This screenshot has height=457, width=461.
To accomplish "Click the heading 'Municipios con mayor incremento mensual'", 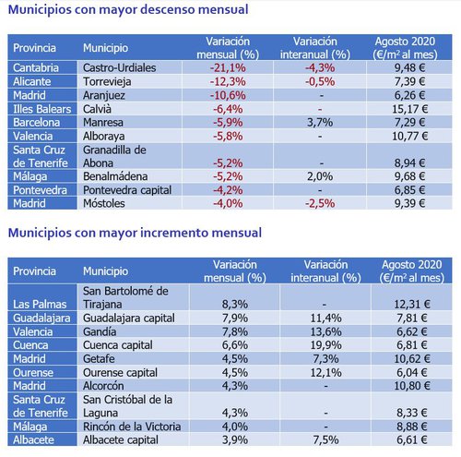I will click(135, 233).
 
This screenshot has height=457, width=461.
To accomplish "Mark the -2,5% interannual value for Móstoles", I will click(318, 202).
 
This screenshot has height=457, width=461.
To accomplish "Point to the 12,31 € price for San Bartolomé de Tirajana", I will click(409, 304).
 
